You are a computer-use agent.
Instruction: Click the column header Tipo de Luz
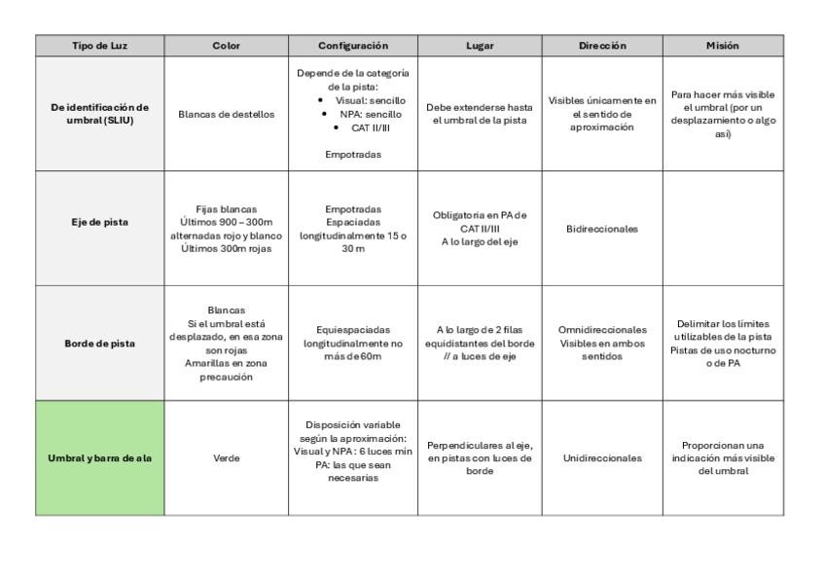99,46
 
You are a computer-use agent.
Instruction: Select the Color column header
226,46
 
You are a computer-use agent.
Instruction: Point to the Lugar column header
479,46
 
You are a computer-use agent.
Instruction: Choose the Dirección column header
602,46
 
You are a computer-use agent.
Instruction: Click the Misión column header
723,46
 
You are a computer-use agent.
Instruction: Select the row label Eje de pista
99,229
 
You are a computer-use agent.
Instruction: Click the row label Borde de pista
99,343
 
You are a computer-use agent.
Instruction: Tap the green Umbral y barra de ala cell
99,457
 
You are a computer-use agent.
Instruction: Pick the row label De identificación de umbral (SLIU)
99,113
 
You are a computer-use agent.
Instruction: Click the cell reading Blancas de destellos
226,114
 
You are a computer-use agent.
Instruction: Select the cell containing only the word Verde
226,457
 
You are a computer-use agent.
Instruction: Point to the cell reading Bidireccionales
602,229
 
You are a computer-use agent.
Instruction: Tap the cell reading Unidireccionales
602,457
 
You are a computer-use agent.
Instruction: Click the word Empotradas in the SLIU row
352,154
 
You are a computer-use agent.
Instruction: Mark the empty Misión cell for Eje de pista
723,229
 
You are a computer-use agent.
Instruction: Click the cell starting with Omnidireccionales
602,343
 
